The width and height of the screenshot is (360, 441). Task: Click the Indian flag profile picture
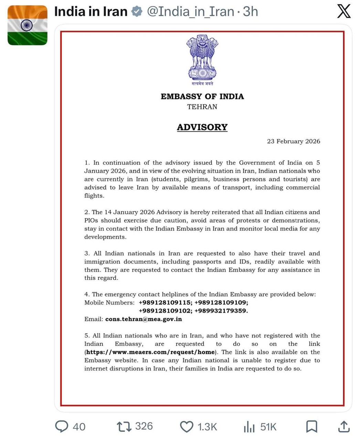(28, 25)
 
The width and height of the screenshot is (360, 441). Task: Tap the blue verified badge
(137, 12)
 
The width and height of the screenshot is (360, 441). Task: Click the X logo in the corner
(343, 12)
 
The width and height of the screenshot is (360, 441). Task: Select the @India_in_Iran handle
(190, 12)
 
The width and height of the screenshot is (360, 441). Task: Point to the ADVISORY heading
(202, 127)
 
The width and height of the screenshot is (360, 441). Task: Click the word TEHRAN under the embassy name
(202, 107)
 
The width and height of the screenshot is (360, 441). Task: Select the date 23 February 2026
(293, 141)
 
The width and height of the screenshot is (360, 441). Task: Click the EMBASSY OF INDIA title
(202, 96)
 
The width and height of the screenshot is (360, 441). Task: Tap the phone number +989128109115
(165, 302)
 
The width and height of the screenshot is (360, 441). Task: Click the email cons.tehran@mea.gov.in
(144, 319)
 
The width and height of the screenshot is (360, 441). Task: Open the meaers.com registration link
(150, 352)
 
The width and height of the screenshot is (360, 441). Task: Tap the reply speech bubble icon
(62, 427)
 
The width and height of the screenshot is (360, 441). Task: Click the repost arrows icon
(124, 427)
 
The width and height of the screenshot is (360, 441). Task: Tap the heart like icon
(187, 427)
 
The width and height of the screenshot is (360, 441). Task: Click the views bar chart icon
(249, 427)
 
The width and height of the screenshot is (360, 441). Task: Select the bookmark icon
(311, 427)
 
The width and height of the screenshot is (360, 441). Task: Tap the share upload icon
(343, 427)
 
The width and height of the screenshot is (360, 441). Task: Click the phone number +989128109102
(165, 311)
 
